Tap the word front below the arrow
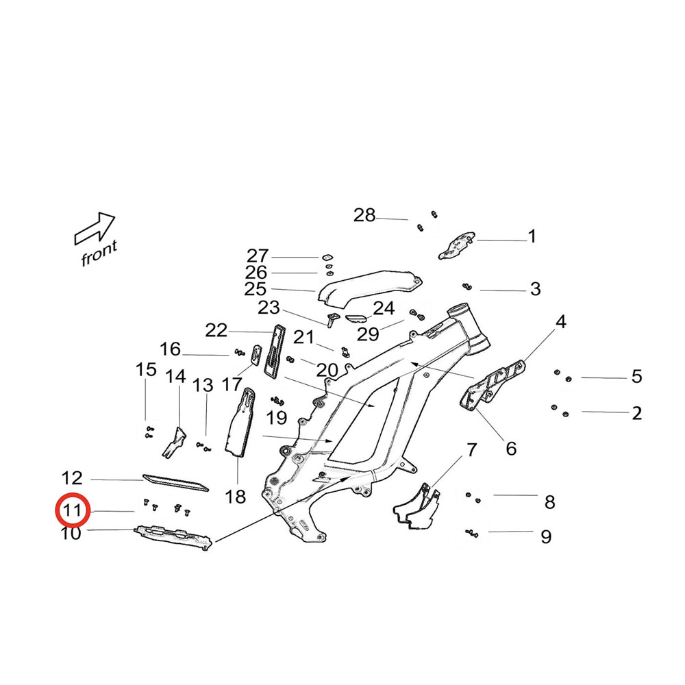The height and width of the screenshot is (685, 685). pyautogui.click(x=99, y=254)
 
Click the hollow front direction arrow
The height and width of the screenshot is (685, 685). pyautogui.click(x=95, y=228)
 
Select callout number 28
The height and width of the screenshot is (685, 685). pyautogui.click(x=364, y=216)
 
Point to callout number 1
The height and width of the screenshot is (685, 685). pyautogui.click(x=532, y=237)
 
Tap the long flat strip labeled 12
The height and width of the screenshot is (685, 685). pyautogui.click(x=175, y=482)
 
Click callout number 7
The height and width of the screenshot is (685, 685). pyautogui.click(x=471, y=450)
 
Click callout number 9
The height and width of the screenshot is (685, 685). pyautogui.click(x=545, y=536)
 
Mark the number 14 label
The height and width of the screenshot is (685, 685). pyautogui.click(x=175, y=376)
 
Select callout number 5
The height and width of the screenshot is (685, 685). pyautogui.click(x=636, y=376)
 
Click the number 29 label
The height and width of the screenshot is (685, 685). pyautogui.click(x=368, y=334)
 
